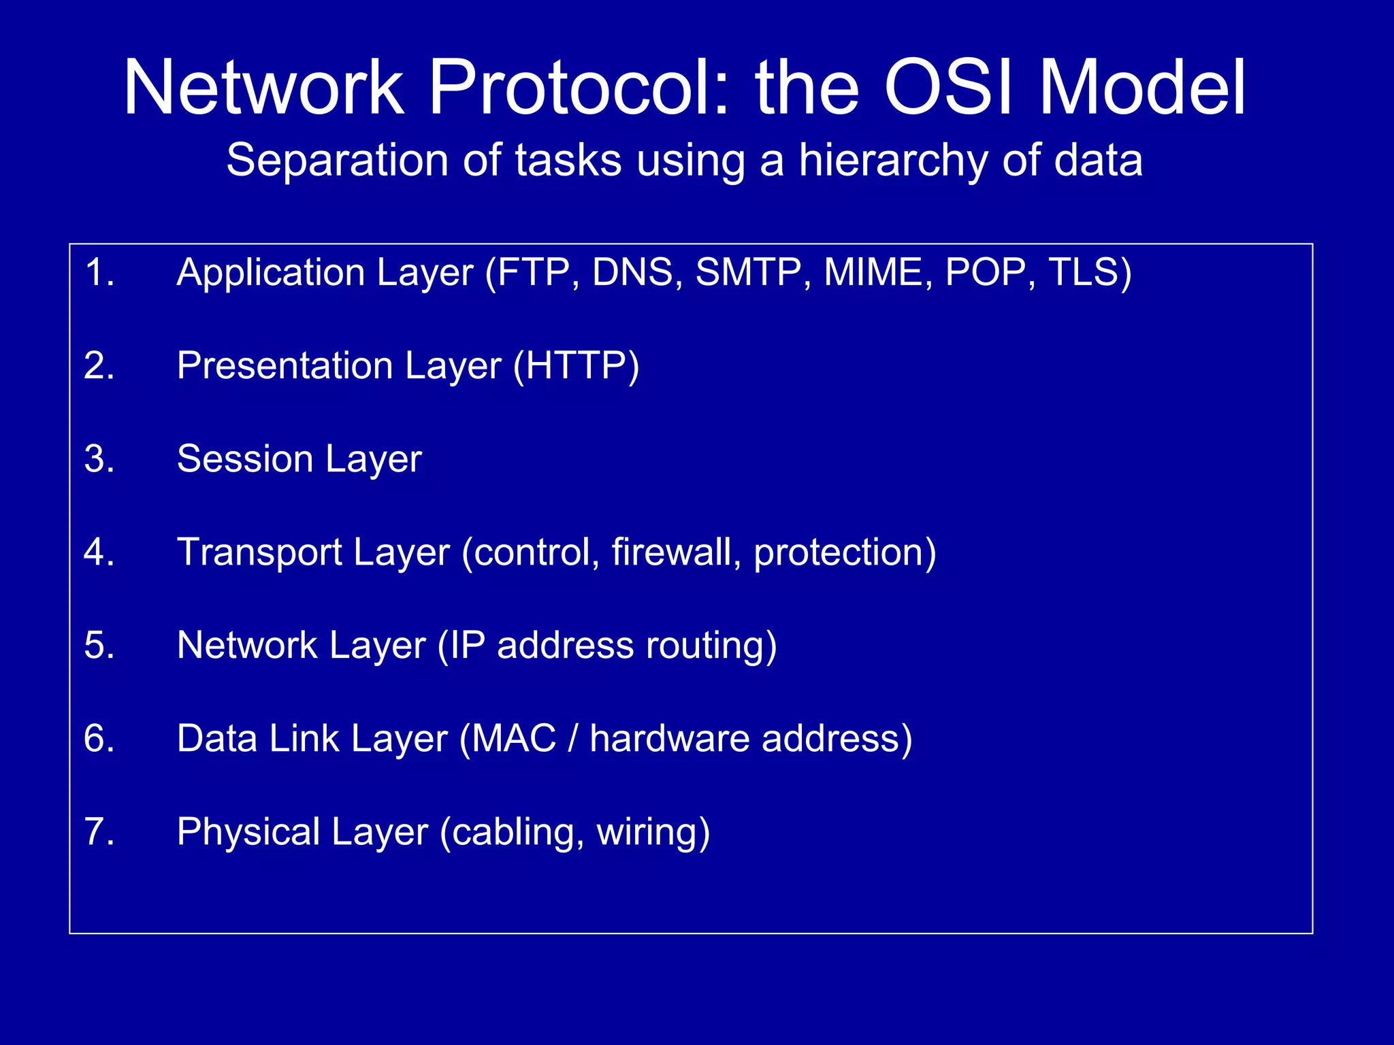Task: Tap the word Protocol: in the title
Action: (580, 88)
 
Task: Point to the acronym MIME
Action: (873, 273)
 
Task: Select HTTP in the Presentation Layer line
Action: (576, 366)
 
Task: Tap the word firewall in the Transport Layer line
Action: (670, 552)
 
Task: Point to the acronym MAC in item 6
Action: (513, 739)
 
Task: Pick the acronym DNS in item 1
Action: (632, 273)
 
